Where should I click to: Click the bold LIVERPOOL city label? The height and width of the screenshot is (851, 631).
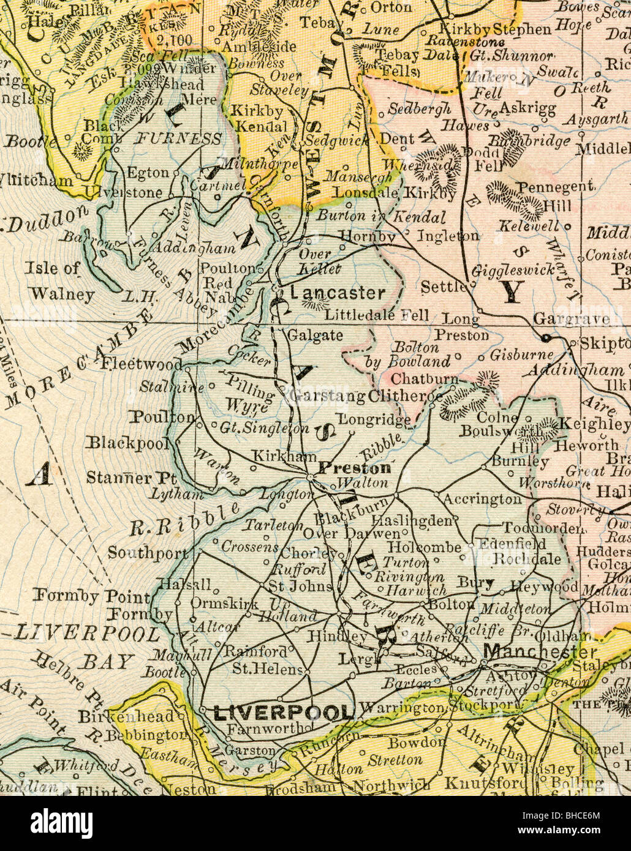coord(283,713)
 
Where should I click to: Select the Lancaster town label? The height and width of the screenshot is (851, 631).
coord(338,293)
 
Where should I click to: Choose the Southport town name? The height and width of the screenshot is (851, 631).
coord(148,553)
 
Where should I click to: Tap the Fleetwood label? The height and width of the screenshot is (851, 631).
coord(142,364)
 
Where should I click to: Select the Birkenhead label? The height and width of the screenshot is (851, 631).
coord(126,716)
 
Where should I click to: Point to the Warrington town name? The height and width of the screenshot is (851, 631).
coord(401,708)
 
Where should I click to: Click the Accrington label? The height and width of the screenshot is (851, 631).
coord(482,500)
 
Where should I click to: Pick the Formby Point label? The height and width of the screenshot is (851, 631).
coord(91,596)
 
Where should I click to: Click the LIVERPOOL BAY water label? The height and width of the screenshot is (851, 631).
coord(86,646)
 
